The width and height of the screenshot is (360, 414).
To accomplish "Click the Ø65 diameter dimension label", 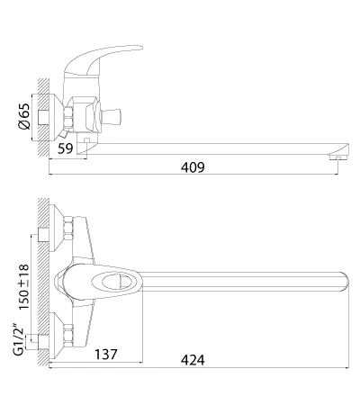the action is coord(24,116).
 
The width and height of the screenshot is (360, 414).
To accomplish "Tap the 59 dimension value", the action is coord(66,148).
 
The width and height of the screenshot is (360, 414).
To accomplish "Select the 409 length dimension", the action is coord(193,167).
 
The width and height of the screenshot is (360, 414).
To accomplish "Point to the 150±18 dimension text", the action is coord(24,287).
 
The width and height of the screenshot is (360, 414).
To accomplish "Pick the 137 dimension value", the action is coord(106,355).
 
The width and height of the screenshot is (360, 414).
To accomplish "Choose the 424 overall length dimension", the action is coord(193,360).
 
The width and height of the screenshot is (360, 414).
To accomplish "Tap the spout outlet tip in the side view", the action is coord(338,150).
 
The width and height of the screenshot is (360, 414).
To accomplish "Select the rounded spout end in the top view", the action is coord(345,282).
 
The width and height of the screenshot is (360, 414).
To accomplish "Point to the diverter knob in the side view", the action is coord(112,116).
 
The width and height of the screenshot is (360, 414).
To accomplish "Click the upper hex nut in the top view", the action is coord(68,228).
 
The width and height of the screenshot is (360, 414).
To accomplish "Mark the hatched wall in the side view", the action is coord(43,117).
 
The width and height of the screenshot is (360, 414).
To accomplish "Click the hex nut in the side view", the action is coord(69,116).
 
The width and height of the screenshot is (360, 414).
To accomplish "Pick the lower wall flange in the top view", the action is coord(57,336).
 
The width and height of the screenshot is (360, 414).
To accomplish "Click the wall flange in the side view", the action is coord(56,117).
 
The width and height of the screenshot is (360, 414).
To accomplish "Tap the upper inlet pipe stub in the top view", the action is coord(44,235).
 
